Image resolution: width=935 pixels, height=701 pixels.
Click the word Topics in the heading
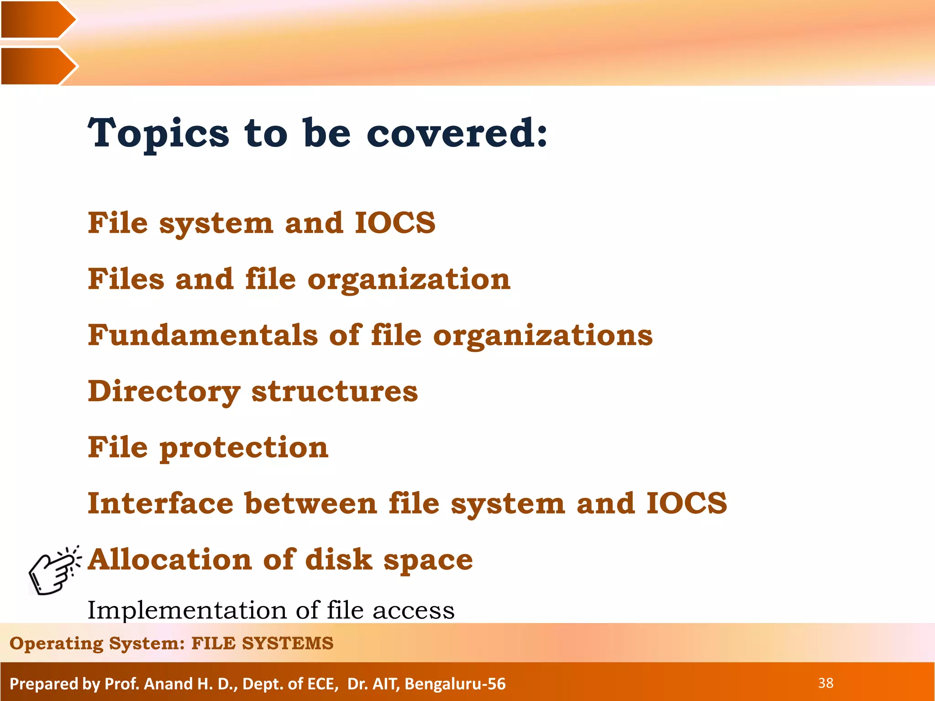click(x=158, y=133)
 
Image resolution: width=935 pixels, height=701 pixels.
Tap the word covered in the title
click(x=457, y=133)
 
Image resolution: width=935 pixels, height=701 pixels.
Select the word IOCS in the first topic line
click(x=395, y=223)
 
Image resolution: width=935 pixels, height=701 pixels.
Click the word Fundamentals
click(x=203, y=335)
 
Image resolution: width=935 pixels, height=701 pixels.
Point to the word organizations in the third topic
click(x=543, y=336)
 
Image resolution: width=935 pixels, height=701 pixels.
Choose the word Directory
click(x=163, y=392)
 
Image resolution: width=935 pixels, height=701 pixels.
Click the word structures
click(x=335, y=392)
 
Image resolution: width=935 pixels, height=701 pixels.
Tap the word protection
click(x=244, y=448)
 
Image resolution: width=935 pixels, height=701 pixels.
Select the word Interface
click(x=160, y=503)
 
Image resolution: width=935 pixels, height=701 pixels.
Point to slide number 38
click(x=825, y=683)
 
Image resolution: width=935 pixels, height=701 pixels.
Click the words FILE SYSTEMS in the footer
click(x=262, y=643)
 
